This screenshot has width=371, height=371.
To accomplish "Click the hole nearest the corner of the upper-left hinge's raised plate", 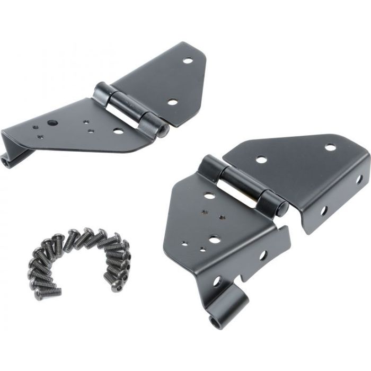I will pos(188,60).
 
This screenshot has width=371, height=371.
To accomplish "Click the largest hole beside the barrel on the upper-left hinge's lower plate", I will pos(118,130).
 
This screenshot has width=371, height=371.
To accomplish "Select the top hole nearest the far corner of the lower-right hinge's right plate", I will pos(330,147).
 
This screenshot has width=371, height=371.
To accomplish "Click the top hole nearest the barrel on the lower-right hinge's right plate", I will pos(261,158).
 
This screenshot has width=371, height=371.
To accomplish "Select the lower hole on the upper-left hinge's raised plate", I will pos(172,101).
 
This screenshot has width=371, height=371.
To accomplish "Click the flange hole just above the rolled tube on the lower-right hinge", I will pos(217,281).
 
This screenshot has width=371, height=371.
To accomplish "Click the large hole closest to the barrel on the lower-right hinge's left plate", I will pos(210,196).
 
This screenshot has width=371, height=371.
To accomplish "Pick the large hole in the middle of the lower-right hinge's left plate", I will pos(214,240).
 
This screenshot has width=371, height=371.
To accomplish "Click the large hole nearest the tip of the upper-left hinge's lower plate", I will pos(52,123).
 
